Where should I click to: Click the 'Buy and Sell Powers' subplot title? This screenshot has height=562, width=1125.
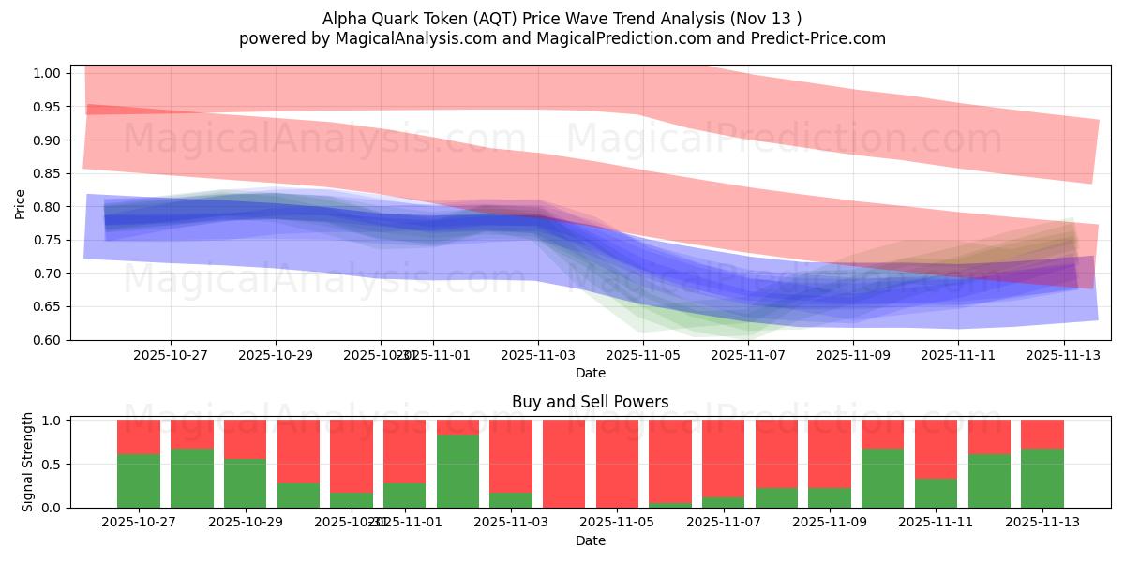[590, 402]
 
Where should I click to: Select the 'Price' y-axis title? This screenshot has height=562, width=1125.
[21, 203]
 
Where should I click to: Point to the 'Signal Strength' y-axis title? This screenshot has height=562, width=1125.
[28, 462]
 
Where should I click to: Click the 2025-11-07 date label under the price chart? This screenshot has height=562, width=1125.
[747, 356]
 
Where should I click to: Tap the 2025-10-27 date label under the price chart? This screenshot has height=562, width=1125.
[170, 356]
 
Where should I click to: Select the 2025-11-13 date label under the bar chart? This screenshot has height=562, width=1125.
[1042, 523]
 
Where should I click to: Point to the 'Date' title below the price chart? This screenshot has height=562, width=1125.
[590, 373]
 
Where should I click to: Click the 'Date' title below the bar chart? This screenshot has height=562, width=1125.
[590, 540]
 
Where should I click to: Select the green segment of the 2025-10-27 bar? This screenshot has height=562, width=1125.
[138, 481]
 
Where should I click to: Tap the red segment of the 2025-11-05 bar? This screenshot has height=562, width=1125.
[617, 463]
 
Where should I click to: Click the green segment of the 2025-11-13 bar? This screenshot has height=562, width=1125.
[1042, 478]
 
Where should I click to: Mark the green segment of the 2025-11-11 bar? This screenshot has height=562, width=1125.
[936, 493]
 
